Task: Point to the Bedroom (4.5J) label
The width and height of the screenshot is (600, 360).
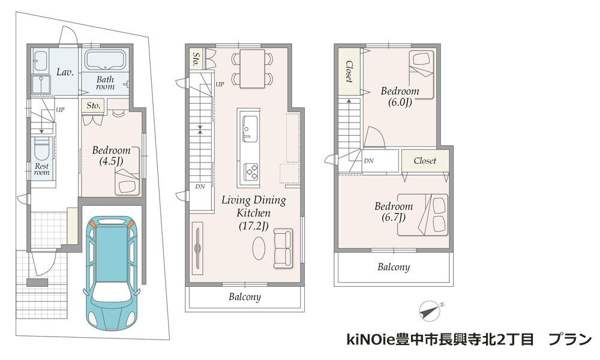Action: tap(112, 155)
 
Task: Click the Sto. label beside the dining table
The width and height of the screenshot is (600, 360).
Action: tap(196, 59)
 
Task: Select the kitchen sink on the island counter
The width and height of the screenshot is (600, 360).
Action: tap(250, 128)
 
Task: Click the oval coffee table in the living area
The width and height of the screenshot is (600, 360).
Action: tap(259, 248)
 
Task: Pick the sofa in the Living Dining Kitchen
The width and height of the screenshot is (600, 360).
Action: tap(283, 248)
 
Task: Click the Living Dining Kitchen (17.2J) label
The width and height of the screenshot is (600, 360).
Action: tap(253, 213)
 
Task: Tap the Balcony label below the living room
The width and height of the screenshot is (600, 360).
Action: tap(245, 297)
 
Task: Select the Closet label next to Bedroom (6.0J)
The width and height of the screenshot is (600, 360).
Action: tap(349, 71)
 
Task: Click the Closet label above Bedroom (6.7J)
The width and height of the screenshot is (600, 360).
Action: tap(425, 161)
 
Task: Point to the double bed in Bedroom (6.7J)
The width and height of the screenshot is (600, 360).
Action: tap(422, 214)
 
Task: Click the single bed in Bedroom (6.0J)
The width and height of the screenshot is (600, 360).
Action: tap(421, 74)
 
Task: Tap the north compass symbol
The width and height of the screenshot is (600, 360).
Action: tap(430, 310)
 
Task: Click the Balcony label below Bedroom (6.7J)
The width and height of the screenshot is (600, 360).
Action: tap(394, 266)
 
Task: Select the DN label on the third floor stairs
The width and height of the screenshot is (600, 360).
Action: tap(368, 161)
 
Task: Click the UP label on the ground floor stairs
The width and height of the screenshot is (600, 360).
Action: tap(60, 110)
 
